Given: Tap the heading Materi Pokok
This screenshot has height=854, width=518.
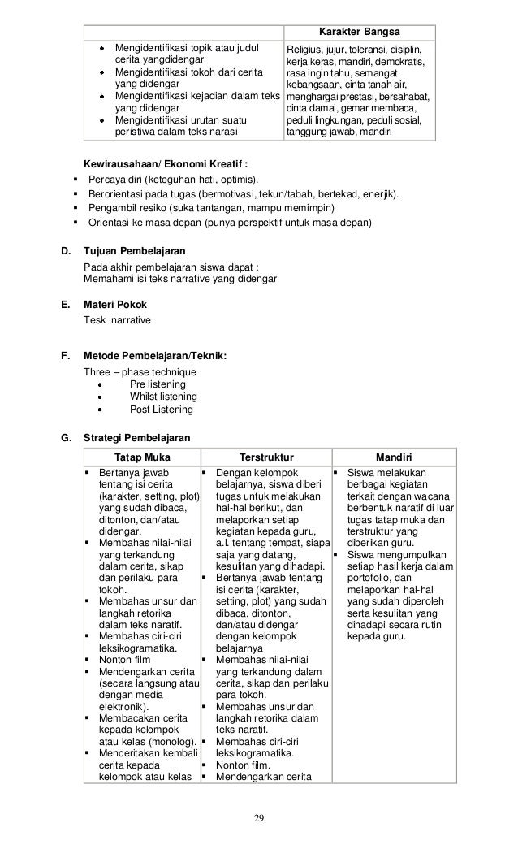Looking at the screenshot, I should [x=115, y=305].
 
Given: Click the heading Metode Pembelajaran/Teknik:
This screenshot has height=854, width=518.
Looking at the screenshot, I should [x=155, y=356].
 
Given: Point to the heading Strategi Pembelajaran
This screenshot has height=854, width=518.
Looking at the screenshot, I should [x=137, y=438].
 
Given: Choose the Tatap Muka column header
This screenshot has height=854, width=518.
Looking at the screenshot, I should [x=141, y=457].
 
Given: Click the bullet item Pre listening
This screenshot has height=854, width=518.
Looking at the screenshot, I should [x=157, y=384].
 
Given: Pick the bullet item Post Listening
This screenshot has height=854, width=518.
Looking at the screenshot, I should [x=161, y=410].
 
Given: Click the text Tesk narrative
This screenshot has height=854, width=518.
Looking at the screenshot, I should [x=117, y=320].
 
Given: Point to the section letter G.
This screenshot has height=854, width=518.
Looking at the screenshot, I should [x=66, y=438].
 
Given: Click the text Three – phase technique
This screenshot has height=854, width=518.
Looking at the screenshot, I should [x=140, y=371].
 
